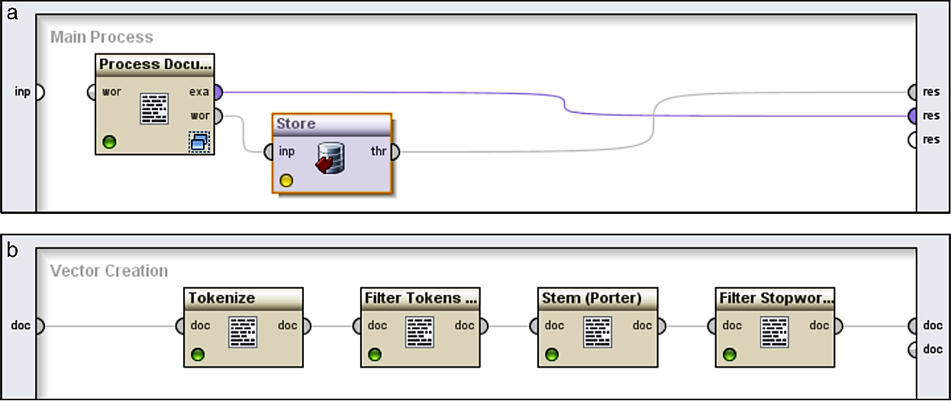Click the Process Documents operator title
(155, 64)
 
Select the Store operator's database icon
(330, 157)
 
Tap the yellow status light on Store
(286, 181)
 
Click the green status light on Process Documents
(109, 142)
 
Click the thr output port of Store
(394, 151)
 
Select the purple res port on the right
(912, 116)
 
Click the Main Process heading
(102, 37)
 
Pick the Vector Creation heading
(109, 270)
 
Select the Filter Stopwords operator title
(775, 297)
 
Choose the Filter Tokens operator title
(421, 297)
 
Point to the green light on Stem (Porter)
(552, 354)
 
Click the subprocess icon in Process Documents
(199, 141)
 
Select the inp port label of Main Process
(23, 92)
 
